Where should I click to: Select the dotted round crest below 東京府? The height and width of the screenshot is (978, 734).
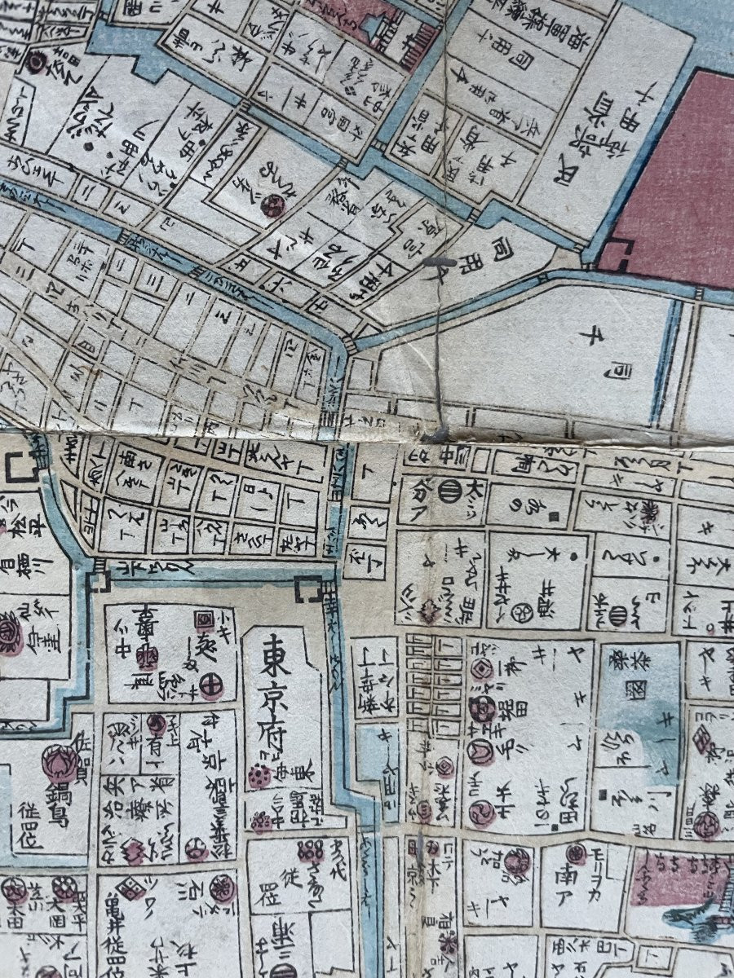[260, 778]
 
